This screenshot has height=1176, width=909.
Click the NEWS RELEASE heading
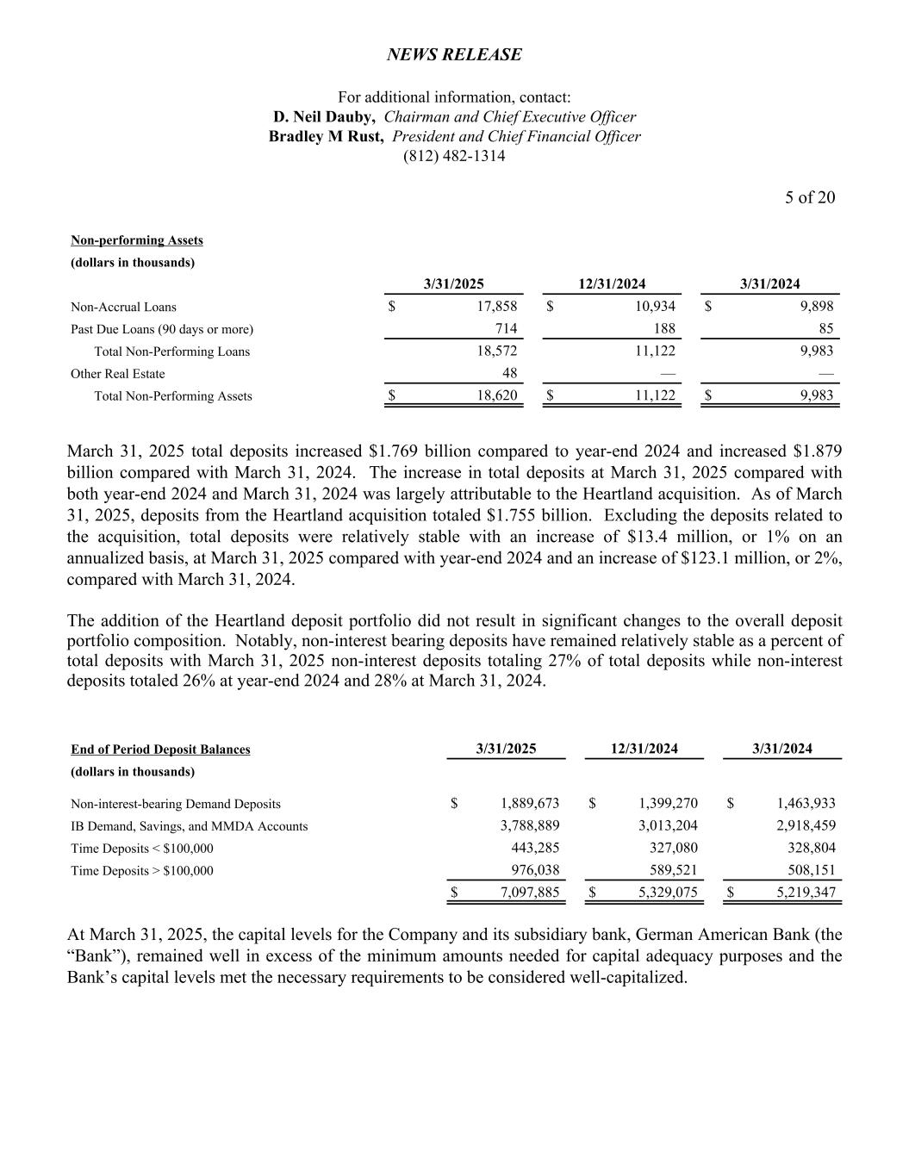tap(454, 55)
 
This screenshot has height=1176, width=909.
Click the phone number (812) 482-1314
tap(454, 156)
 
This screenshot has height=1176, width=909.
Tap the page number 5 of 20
tap(809, 197)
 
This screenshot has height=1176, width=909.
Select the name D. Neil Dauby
tap(323, 117)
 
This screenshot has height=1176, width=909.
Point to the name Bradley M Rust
tap(326, 137)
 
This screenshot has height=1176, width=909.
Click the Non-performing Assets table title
tap(137, 240)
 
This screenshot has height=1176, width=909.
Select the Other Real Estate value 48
tap(509, 374)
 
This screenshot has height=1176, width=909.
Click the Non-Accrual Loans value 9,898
tap(816, 307)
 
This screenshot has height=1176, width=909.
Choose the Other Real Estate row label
tap(118, 374)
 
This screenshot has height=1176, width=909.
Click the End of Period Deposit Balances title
tap(160, 750)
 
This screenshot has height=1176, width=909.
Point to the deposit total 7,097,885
tap(529, 893)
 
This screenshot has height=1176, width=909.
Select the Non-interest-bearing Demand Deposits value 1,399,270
tap(668, 804)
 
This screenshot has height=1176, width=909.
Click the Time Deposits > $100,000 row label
tap(142, 871)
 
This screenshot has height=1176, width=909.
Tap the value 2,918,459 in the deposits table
tap(806, 826)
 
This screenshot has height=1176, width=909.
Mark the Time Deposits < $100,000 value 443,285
tap(535, 849)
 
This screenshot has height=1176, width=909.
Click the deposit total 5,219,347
tap(806, 893)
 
